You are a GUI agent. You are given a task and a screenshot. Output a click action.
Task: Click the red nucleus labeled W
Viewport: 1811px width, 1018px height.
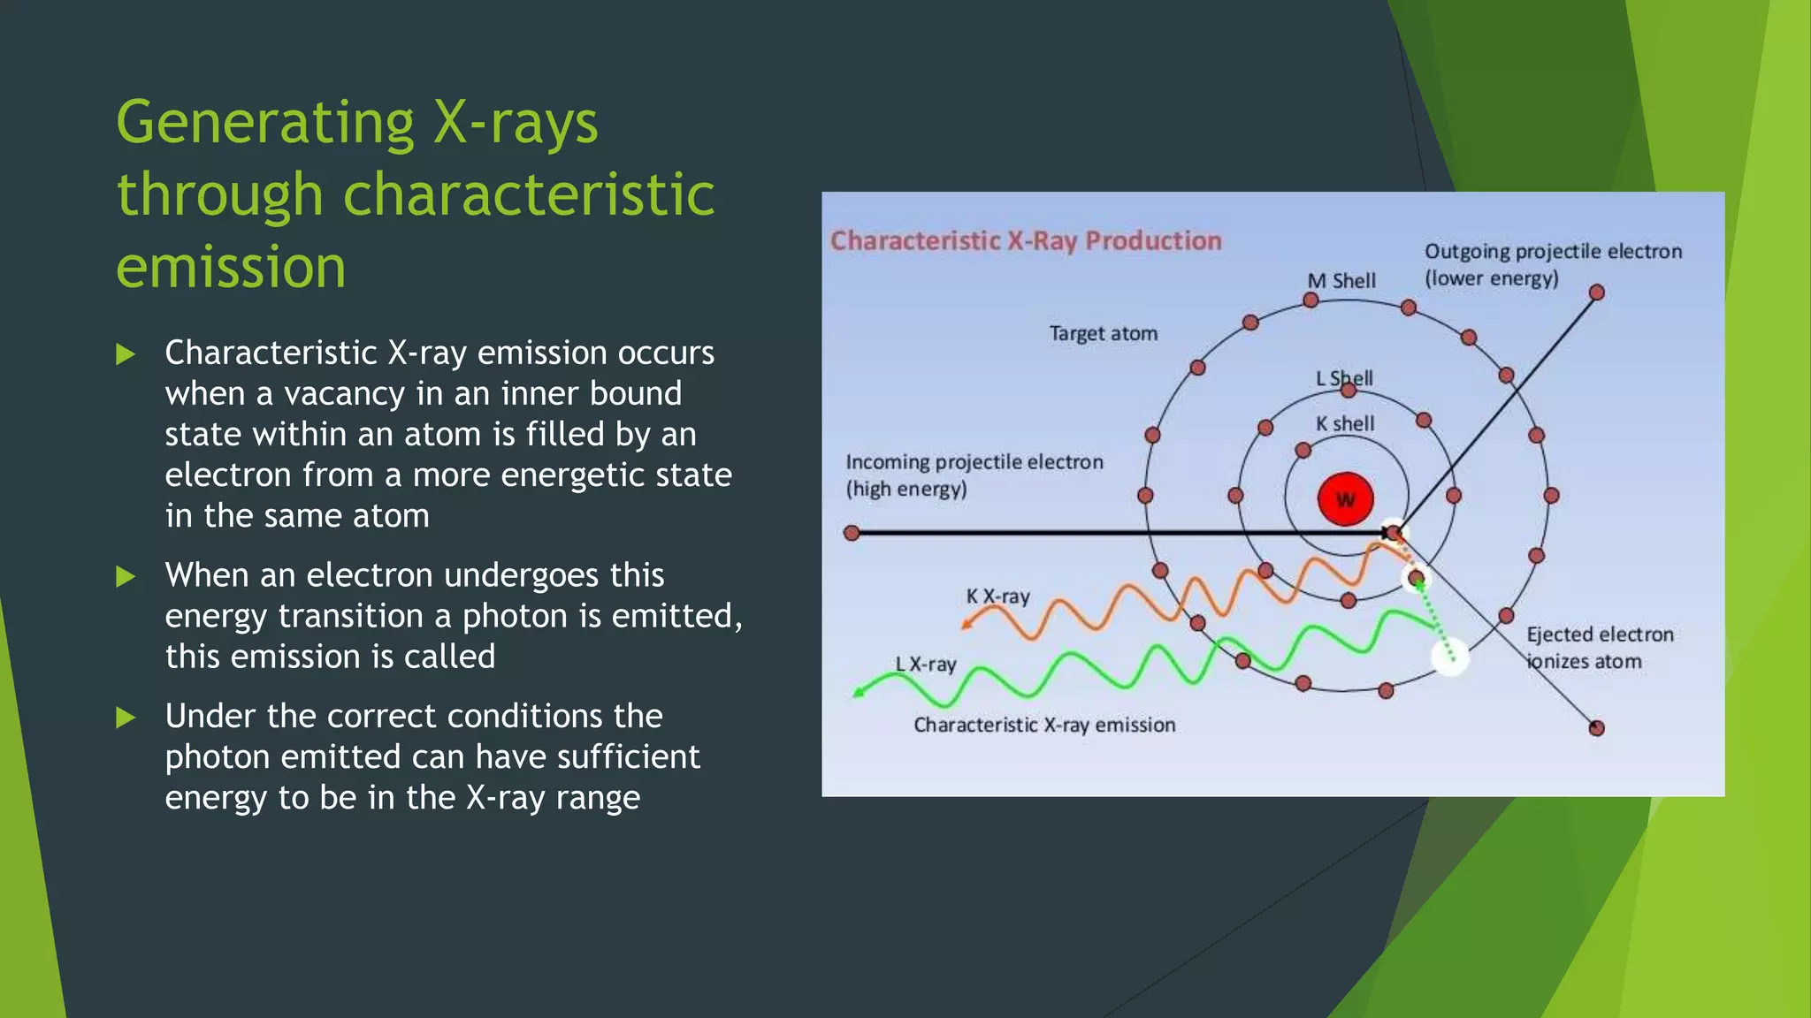coord(1345,499)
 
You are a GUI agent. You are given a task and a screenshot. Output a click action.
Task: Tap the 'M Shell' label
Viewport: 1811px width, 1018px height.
coord(1341,281)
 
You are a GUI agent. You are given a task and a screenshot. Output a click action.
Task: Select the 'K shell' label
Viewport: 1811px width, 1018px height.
coord(1345,424)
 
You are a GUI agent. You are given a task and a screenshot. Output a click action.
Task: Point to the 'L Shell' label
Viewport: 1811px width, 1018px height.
coord(1344,378)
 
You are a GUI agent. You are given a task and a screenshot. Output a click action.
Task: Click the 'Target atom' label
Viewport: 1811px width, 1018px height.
coord(1103,334)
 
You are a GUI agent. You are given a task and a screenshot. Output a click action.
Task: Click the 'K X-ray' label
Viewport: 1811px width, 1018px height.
coord(997,596)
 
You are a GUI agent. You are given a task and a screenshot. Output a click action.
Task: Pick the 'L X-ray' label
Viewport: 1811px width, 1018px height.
coord(926,665)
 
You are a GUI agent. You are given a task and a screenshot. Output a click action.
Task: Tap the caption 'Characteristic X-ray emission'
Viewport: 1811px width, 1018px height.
coord(1044,726)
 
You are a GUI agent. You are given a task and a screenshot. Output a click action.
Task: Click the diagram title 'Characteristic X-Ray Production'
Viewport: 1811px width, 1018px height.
coord(1026,240)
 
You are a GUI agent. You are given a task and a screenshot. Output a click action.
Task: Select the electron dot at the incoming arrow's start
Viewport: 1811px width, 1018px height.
coord(852,533)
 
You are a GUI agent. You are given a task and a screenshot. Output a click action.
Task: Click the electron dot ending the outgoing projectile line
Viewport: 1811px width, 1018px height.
coord(1596,292)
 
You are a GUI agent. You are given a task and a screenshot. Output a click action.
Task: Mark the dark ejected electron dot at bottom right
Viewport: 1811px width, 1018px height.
coord(1596,728)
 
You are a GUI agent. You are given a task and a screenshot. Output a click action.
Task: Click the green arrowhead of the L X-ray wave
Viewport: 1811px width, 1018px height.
coord(859,692)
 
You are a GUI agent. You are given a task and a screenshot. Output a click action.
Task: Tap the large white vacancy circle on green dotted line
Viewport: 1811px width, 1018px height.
coord(1449,657)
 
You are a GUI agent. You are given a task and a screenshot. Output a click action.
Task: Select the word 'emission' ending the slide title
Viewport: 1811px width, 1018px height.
coord(231,267)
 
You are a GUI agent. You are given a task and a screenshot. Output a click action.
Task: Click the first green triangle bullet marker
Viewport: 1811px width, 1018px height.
coord(126,354)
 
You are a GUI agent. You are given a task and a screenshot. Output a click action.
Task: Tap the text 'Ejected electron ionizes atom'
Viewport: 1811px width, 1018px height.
coord(1599,648)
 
